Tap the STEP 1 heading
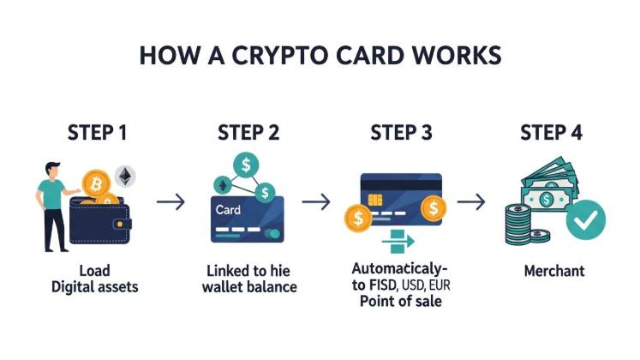98,133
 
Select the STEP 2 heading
248,133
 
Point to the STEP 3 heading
401,133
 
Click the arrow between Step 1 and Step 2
171,203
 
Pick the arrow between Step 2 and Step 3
316,203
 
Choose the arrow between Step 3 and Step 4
471,203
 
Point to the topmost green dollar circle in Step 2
247,164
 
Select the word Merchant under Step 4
553,271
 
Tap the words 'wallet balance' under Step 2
248,287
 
